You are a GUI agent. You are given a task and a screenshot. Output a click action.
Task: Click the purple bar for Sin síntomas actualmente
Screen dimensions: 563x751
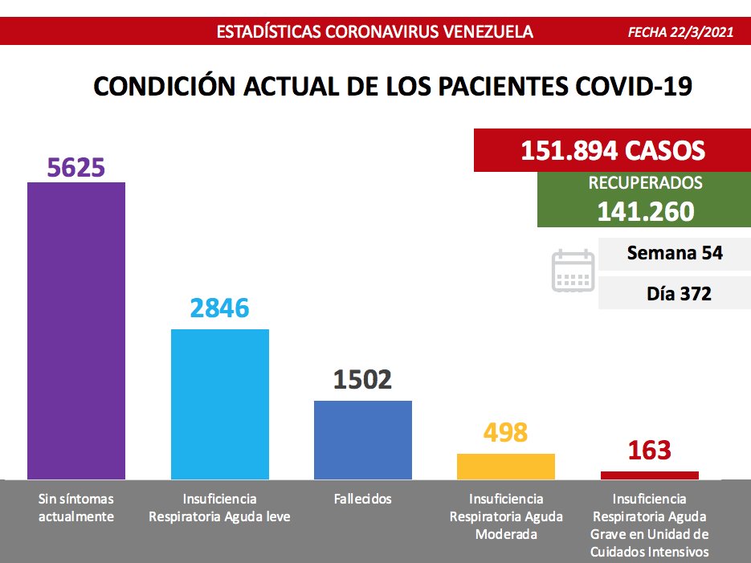click(x=76, y=330)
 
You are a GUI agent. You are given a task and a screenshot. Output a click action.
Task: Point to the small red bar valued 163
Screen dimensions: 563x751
click(x=650, y=475)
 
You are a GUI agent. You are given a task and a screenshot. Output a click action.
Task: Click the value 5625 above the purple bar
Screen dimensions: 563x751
click(x=76, y=167)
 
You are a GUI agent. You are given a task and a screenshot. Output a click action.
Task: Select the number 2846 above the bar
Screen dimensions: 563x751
click(x=220, y=308)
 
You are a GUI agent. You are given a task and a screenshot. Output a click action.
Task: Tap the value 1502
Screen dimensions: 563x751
click(x=363, y=379)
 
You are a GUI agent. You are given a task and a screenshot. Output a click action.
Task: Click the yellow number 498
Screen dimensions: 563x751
click(x=506, y=433)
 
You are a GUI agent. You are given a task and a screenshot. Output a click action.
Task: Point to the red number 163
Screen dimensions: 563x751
click(x=650, y=450)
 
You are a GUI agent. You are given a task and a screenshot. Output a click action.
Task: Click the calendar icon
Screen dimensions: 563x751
click(x=573, y=270)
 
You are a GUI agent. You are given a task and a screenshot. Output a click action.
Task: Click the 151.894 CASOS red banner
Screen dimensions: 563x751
click(x=613, y=150)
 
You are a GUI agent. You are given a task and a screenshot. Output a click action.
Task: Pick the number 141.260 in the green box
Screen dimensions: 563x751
click(x=645, y=210)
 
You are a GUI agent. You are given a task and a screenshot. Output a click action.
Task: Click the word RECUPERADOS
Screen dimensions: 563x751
click(x=645, y=183)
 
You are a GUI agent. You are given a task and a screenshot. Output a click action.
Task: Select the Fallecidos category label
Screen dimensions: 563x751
click(x=363, y=499)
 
